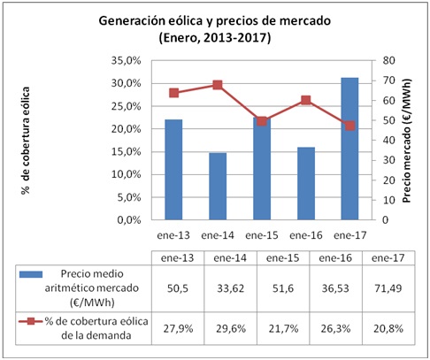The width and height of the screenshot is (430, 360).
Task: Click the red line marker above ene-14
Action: [x=217, y=85]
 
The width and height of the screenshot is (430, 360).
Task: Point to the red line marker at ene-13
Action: [x=173, y=93]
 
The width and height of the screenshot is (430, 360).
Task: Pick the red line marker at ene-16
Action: [x=305, y=100]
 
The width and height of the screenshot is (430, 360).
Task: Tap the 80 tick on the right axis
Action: [x=388, y=61]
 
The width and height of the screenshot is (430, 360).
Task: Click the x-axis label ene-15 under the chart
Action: [x=261, y=235]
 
